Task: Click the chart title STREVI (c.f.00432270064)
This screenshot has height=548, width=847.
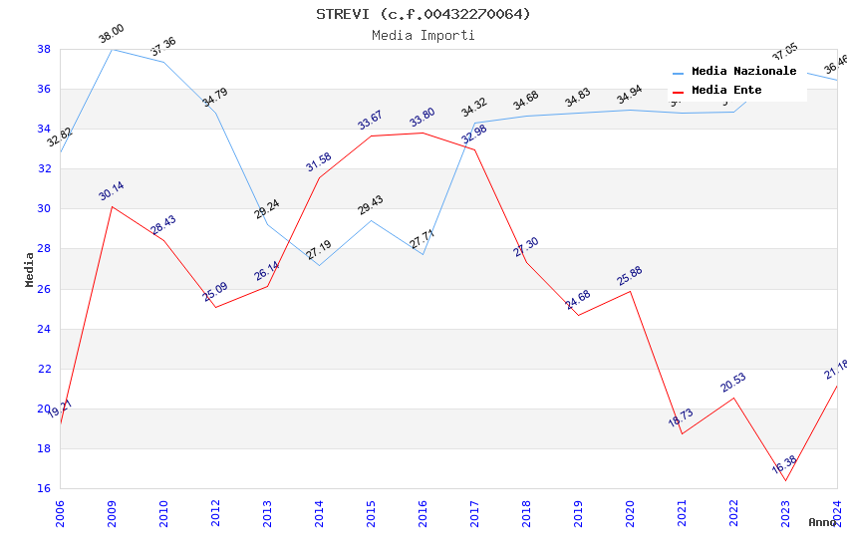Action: (x=423, y=14)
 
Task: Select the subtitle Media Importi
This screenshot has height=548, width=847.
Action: (x=423, y=35)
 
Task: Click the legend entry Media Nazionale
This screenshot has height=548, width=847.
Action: (x=743, y=72)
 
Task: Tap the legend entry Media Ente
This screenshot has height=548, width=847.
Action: (x=726, y=91)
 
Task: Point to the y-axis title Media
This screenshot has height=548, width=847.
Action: (x=30, y=269)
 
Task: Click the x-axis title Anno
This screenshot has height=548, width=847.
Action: (x=822, y=522)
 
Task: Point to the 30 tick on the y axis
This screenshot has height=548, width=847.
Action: (x=44, y=209)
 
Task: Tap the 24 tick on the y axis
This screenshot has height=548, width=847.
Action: (x=44, y=329)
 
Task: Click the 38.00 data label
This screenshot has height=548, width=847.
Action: (x=111, y=37)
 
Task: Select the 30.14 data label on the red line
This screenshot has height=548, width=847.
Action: (x=112, y=191)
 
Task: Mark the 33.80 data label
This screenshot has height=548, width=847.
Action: (x=423, y=119)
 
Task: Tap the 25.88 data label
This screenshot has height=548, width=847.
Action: (x=630, y=276)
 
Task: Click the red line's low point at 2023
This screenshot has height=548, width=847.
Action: (x=785, y=481)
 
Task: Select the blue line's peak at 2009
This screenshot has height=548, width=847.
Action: (x=112, y=49)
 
